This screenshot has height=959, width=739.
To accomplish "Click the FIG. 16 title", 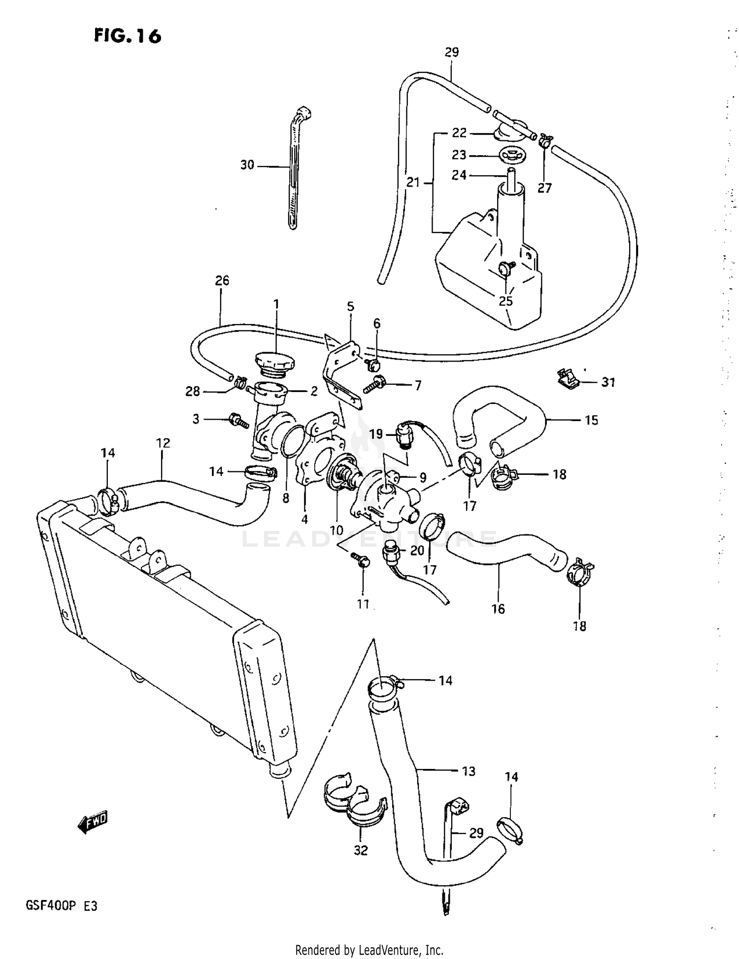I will pyautogui.click(x=128, y=36).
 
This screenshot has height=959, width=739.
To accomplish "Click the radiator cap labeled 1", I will pyautogui.click(x=274, y=364).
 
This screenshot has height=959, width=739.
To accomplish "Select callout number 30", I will pyautogui.click(x=247, y=165).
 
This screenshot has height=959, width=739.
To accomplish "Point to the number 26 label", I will pyautogui.click(x=222, y=281).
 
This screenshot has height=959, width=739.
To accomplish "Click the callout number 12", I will pyautogui.click(x=163, y=443).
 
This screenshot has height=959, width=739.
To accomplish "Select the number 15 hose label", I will pyautogui.click(x=591, y=420).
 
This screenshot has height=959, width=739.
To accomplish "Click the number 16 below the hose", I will pyautogui.click(x=498, y=609).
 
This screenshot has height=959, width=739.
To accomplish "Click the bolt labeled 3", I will pyautogui.click(x=239, y=421).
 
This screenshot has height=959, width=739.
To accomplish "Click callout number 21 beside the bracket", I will pyautogui.click(x=413, y=183).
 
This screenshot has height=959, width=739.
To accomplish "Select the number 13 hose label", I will pyautogui.click(x=468, y=771).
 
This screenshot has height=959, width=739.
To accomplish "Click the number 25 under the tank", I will pyautogui.click(x=506, y=301).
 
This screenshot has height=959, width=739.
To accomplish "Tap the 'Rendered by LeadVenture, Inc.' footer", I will pyautogui.click(x=369, y=950).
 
